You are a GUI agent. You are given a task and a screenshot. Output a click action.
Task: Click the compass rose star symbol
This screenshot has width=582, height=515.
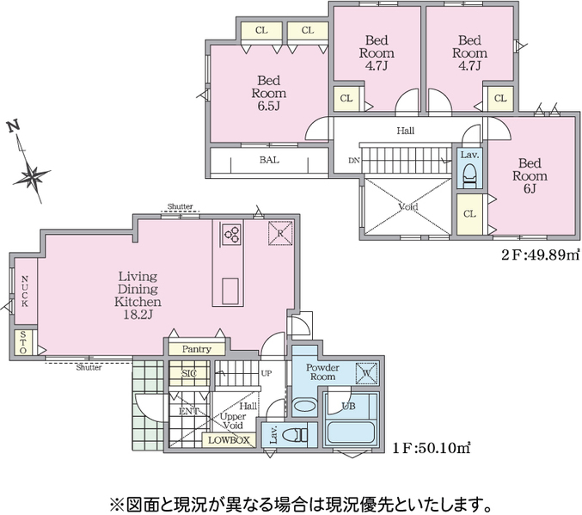(x=31, y=176)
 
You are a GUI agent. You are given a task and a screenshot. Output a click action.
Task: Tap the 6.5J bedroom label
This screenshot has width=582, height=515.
(x=269, y=93)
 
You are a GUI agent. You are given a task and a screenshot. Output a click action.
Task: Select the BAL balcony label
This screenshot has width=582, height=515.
(x=269, y=160)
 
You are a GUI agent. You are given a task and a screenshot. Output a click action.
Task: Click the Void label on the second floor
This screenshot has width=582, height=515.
(x=408, y=206)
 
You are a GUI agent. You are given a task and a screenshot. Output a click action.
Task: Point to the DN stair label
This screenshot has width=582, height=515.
(x=354, y=161)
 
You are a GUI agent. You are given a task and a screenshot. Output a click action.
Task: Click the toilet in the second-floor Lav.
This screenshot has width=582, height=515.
(x=469, y=175)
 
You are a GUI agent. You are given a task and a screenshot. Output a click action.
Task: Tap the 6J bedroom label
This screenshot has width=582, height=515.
(x=530, y=176)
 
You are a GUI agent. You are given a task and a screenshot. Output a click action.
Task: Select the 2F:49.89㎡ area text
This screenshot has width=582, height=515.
(x=541, y=255)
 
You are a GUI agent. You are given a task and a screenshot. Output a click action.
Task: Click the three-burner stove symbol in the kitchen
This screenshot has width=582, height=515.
(x=231, y=234)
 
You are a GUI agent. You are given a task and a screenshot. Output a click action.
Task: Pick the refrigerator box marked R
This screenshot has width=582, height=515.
(x=280, y=233)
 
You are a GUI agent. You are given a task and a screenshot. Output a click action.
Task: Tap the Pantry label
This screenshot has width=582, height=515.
(x=197, y=349)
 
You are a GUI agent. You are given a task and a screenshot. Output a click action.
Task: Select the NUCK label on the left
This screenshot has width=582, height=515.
(x=24, y=291)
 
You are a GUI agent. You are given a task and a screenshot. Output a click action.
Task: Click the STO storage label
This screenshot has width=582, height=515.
(x=23, y=342)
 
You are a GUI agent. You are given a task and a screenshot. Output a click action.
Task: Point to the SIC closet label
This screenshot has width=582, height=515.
(x=189, y=373)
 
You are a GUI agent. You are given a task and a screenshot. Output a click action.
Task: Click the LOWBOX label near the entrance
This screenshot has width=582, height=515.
(x=229, y=440)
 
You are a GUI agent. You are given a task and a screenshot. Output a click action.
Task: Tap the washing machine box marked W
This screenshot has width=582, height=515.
(x=367, y=373)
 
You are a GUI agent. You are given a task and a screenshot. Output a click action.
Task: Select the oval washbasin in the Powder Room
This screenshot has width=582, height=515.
(x=305, y=406)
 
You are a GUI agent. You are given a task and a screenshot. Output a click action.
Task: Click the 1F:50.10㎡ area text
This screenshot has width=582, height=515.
(x=432, y=448)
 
